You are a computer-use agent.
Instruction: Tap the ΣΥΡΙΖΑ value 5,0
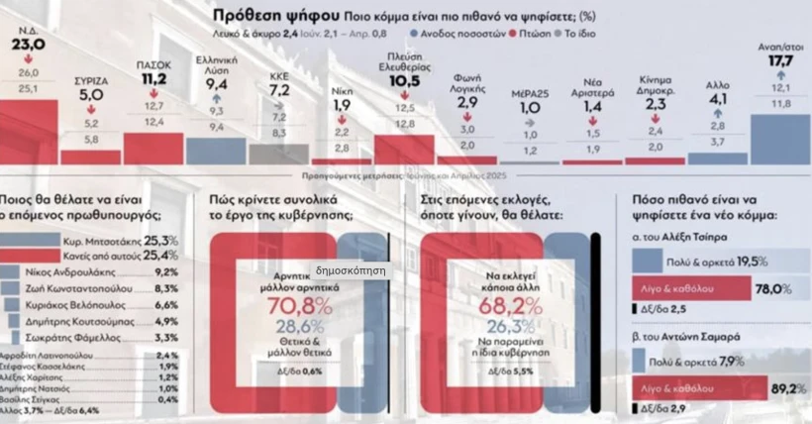pos(91,95)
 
